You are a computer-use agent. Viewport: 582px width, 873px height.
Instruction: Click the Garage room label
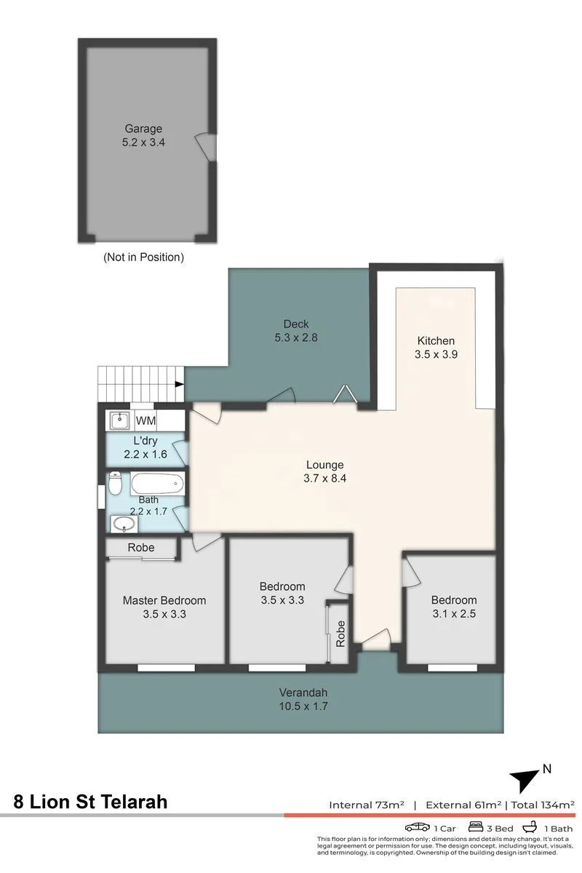click(143, 128)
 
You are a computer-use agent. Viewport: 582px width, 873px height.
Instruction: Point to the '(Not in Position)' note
click(143, 257)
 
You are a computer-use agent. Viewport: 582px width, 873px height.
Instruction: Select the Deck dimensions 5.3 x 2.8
click(296, 337)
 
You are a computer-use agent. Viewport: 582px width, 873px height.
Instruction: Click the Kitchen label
click(436, 340)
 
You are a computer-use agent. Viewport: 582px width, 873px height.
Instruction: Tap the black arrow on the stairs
click(179, 384)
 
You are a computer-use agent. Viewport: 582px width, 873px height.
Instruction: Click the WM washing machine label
click(145, 420)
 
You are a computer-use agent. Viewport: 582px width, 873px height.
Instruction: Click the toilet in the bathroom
click(115, 483)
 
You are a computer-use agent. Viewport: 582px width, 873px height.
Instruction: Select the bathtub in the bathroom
click(157, 484)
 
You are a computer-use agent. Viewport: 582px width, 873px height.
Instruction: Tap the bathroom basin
click(124, 524)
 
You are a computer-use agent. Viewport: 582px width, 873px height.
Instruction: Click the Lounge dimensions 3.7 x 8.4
click(324, 478)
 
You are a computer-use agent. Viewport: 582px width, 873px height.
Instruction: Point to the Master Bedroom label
click(164, 600)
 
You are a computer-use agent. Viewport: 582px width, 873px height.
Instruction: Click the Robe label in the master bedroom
click(140, 548)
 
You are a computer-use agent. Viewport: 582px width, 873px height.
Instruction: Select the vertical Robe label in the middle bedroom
click(340, 634)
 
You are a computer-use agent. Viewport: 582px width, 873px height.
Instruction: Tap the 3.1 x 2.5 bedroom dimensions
click(454, 613)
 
